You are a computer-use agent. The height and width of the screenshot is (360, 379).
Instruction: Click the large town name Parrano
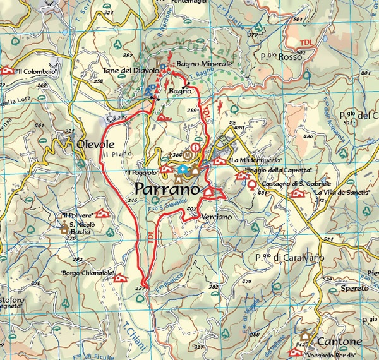(x=167, y=189)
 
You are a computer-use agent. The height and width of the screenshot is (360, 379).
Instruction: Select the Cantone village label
(x=339, y=341)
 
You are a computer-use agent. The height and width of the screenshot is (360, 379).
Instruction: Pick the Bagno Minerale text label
(x=205, y=64)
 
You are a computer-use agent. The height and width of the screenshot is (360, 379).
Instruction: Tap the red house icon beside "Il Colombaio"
(x=8, y=71)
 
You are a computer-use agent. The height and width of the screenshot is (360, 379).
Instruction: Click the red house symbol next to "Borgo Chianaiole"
(x=121, y=277)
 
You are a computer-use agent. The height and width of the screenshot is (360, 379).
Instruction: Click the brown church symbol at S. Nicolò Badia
(x=64, y=229)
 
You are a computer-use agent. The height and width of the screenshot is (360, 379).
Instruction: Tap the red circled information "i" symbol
(x=196, y=148)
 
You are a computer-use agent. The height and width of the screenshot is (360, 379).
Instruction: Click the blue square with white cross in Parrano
(x=183, y=169)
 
